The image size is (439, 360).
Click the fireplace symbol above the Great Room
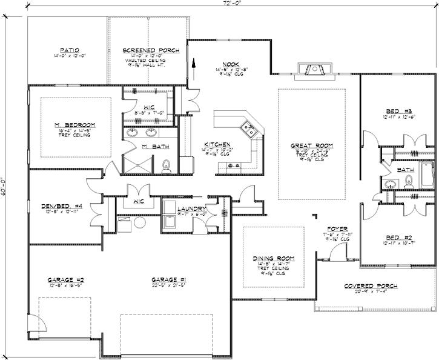(314, 72)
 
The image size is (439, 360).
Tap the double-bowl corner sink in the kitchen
(248, 127)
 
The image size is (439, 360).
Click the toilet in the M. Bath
(168, 164)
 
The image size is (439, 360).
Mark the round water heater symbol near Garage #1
(140, 222)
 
